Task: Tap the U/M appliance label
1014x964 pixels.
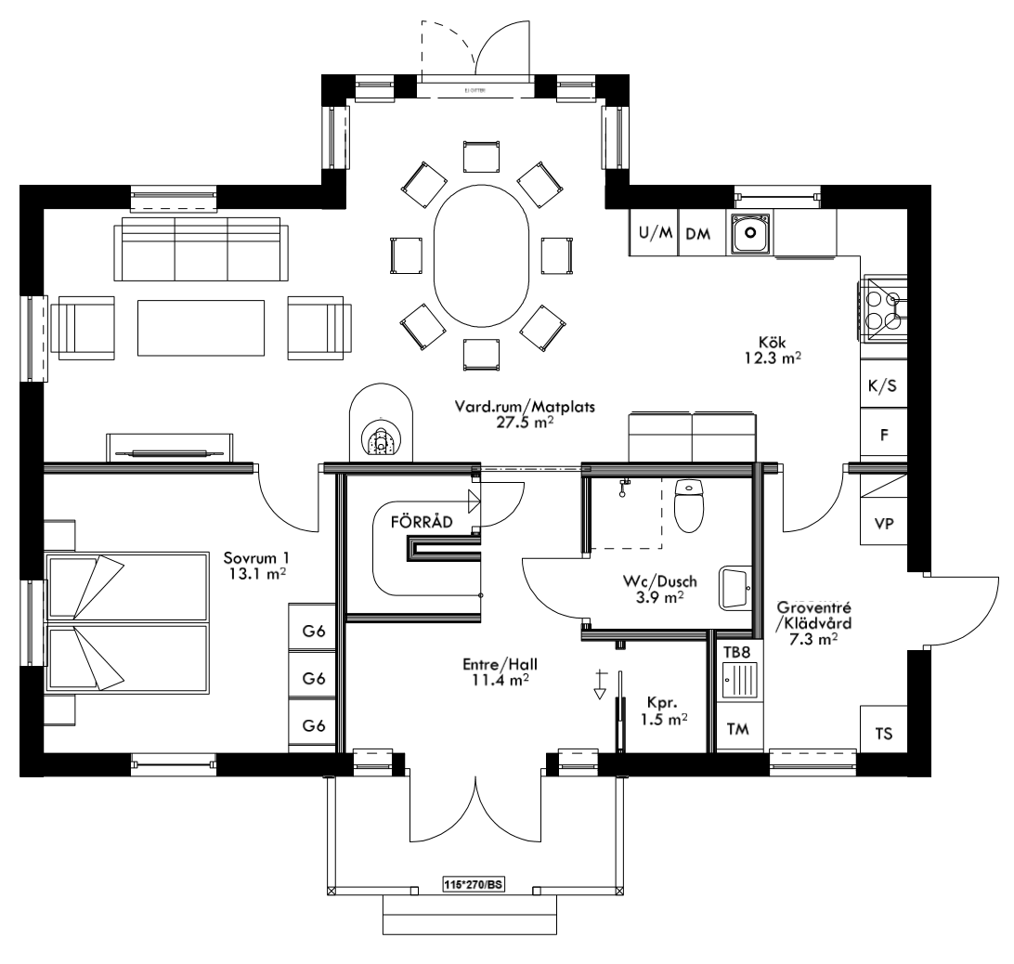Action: click(x=654, y=234)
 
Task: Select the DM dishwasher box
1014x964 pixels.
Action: click(x=698, y=234)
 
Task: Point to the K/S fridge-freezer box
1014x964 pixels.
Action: click(x=882, y=387)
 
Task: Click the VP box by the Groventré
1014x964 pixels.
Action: click(x=883, y=524)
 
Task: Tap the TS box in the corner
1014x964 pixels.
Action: click(x=883, y=734)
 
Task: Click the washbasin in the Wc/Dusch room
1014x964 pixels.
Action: click(x=736, y=586)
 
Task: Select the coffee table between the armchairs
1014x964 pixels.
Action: click(x=201, y=326)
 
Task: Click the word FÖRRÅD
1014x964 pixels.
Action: click(x=422, y=522)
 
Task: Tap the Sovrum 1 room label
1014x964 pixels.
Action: click(x=256, y=558)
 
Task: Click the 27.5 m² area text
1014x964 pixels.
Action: click(x=525, y=421)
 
